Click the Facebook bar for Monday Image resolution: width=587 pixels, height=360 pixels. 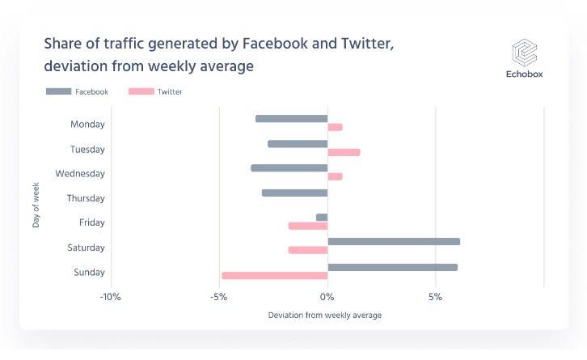pos(291,119)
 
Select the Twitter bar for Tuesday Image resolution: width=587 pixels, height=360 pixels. pos(344,152)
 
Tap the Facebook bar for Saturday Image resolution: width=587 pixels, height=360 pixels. pos(394,241)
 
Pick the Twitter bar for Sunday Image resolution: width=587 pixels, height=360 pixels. pos(274,276)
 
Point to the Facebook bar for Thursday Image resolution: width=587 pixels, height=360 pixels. pos(294,193)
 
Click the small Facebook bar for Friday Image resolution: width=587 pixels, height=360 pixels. pos(322,217)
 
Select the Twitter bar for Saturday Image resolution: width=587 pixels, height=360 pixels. pos(308,250)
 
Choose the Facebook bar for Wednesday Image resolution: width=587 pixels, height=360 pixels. pos(289,168)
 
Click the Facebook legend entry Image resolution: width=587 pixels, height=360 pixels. pos(77,92)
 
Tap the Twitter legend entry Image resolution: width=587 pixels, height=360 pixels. pos(155,92)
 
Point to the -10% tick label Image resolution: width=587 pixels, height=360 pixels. pos(111,297)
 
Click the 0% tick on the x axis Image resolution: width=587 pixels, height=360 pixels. pos(327,297)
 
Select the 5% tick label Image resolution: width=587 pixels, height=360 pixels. pos(436,297)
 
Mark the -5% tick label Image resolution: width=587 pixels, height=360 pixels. pos(219,297)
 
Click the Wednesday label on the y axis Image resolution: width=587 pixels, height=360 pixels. pos(80,174)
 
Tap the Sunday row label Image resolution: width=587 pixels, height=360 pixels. pos(89,273)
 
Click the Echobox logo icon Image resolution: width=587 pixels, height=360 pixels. pos(525,54)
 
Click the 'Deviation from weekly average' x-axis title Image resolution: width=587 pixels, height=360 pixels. pos(324,315)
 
